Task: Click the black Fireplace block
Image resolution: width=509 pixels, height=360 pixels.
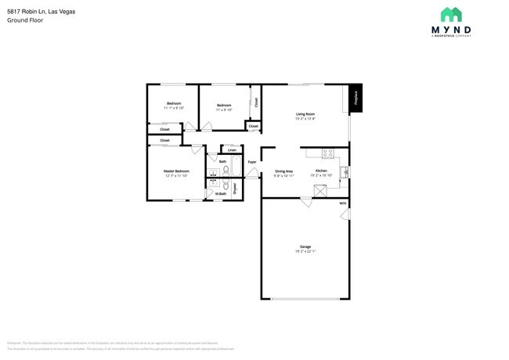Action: pyautogui.click(x=356, y=98)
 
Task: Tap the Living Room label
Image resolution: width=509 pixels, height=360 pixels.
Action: pyautogui.click(x=305, y=114)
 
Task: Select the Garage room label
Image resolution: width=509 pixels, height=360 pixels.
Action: pyautogui.click(x=305, y=246)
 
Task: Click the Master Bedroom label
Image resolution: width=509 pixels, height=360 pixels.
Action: pyautogui.click(x=176, y=171)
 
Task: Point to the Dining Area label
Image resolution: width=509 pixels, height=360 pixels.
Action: pyautogui.click(x=283, y=171)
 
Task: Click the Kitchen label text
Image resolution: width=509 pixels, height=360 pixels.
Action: pyautogui.click(x=321, y=171)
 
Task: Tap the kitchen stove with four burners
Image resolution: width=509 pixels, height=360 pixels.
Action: pyautogui.click(x=328, y=153)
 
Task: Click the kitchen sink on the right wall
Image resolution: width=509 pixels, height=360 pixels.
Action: pyautogui.click(x=345, y=171)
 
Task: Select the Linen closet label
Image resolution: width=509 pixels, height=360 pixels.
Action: pyautogui.click(x=232, y=149)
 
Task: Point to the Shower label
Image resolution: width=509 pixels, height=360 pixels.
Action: pyautogui.click(x=235, y=188)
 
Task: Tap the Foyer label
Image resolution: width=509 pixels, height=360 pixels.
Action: pyautogui.click(x=252, y=162)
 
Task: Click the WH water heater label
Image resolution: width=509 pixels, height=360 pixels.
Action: pyautogui.click(x=342, y=203)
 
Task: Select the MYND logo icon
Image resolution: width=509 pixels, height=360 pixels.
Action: pyautogui.click(x=450, y=15)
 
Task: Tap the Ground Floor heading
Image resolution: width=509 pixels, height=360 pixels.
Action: pyautogui.click(x=25, y=20)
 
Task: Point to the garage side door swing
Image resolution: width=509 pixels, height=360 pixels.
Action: pyautogui.click(x=345, y=214)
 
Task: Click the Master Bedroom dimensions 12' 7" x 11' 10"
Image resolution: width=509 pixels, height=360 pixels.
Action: pyautogui.click(x=176, y=176)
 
